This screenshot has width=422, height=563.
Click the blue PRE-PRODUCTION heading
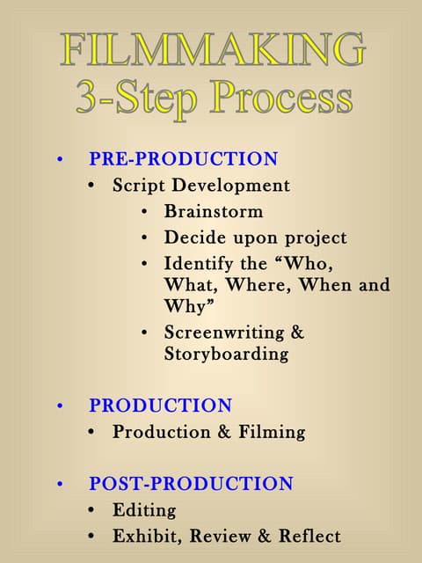pos(183,159)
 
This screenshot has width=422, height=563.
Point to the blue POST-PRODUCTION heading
pos(191,483)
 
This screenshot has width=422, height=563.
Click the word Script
pos(139,186)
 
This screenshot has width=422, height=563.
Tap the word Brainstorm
pos(214,212)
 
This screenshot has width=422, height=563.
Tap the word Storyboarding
pos(226,354)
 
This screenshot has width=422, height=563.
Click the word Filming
pos(272,432)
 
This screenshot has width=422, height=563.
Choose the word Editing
pos(144,509)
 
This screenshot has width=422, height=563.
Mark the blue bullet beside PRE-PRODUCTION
pos(60,160)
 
